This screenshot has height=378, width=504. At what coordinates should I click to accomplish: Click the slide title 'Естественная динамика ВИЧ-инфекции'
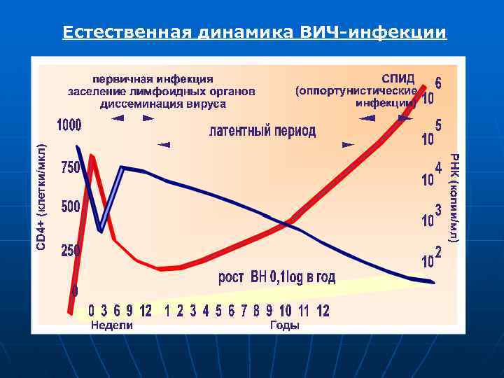click(254, 33)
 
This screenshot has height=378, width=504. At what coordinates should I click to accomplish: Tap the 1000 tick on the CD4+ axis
click(69, 125)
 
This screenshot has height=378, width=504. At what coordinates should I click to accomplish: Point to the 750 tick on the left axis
click(70, 168)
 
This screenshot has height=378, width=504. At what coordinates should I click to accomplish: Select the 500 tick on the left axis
click(70, 208)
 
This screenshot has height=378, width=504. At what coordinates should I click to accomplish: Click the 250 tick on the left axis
click(70, 250)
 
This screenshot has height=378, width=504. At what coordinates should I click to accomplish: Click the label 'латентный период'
click(262, 131)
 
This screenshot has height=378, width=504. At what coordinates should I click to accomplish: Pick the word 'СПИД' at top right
click(398, 77)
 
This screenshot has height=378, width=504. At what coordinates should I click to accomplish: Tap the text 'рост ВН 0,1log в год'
click(277, 277)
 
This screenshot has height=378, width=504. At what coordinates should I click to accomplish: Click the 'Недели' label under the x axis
click(112, 325)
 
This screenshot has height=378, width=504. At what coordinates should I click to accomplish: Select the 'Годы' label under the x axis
click(284, 325)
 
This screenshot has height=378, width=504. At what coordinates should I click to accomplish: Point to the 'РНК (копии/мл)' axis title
click(453, 199)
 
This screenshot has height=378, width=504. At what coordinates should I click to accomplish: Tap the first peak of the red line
click(92, 157)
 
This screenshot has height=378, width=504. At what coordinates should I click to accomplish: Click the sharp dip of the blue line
click(101, 230)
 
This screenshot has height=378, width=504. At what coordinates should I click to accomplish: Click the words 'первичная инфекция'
click(153, 78)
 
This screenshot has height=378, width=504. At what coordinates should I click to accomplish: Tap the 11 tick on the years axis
click(303, 310)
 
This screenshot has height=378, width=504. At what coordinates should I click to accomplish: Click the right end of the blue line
click(433, 282)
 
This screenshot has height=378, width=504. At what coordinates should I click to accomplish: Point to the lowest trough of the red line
click(164, 269)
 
